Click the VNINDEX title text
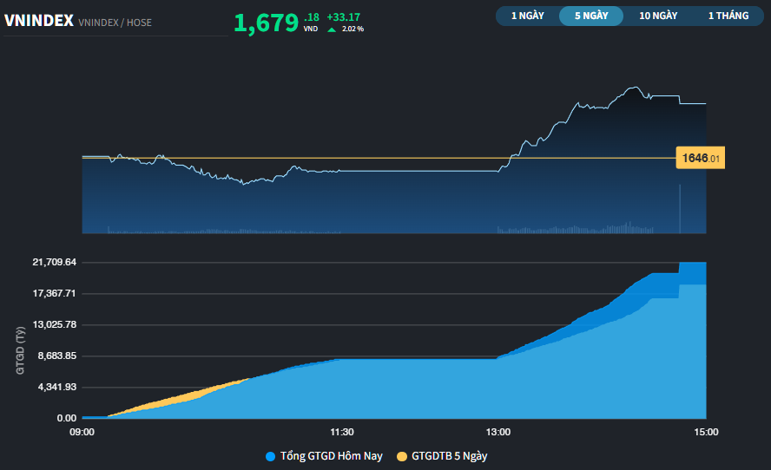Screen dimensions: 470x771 click(x=38, y=21)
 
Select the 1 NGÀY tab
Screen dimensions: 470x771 click(x=528, y=16)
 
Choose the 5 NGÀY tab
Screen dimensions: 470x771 click(x=591, y=16)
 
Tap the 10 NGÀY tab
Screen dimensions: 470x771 click(x=657, y=16)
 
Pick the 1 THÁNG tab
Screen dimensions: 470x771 click(x=728, y=16)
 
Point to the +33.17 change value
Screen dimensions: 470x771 click(x=343, y=16)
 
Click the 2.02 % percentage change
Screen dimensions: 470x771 click(x=352, y=29)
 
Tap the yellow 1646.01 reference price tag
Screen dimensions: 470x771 click(x=700, y=158)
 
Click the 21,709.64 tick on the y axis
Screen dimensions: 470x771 click(x=54, y=262)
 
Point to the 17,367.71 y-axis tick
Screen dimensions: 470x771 click(x=54, y=293)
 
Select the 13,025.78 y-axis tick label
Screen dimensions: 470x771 click(x=54, y=324)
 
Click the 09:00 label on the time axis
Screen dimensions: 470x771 click(x=82, y=432)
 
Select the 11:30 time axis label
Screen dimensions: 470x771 click(x=342, y=432)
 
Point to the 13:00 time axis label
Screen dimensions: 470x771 click(x=498, y=432)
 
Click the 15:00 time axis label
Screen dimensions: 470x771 click(x=705, y=432)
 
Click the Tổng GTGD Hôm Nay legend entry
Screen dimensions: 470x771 click(x=325, y=456)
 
